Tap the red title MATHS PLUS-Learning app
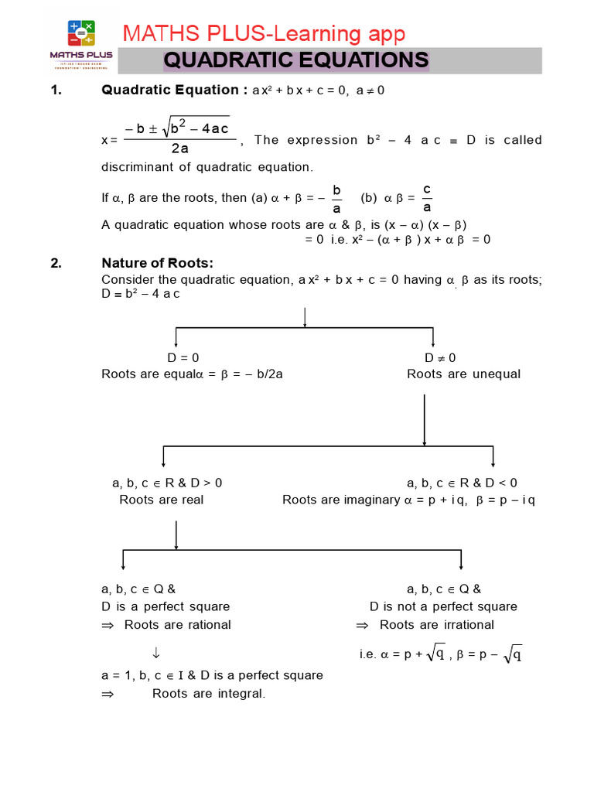[x=264, y=33]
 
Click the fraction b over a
[x=336, y=198]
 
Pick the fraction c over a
[x=427, y=198]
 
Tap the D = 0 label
[x=183, y=358]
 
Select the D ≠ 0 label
[x=440, y=358]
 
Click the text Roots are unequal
[x=464, y=374]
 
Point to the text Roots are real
[x=162, y=500]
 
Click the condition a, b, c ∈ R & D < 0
[x=463, y=483]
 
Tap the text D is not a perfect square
[x=443, y=606]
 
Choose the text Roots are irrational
[x=437, y=625]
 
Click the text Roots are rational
[x=177, y=625]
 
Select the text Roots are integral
[x=209, y=694]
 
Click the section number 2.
[x=56, y=263]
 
